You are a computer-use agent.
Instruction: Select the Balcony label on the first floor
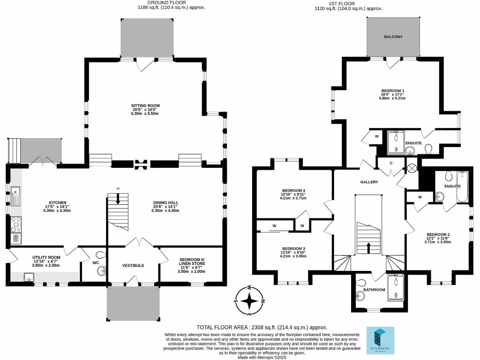393,37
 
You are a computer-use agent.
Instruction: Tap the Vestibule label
133,265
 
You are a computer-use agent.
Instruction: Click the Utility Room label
46,257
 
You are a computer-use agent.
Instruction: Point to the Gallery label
369,182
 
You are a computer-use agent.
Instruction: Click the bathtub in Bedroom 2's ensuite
462,187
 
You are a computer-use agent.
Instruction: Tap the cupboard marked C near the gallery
391,163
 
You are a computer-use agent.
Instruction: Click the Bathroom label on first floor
374,290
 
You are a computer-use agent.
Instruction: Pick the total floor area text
262,328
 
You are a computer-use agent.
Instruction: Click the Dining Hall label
165,203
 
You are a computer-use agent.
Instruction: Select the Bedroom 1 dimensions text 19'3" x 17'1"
393,94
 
